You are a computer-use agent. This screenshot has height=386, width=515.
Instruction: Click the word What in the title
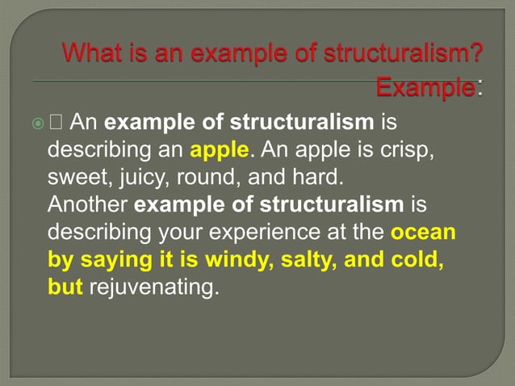tap(91, 56)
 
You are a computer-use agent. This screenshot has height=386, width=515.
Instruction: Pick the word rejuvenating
tap(153, 287)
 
